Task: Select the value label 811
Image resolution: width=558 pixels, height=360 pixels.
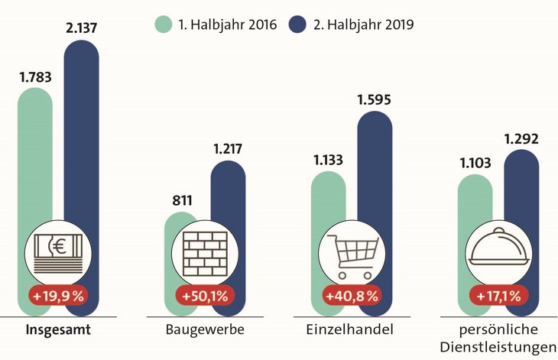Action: (x=181, y=203)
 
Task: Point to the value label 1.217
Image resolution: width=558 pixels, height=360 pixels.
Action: (x=226, y=148)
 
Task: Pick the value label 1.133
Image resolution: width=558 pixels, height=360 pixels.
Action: (x=328, y=161)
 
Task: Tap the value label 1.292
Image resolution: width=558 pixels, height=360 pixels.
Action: (x=522, y=139)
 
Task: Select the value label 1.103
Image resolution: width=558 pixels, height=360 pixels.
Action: (x=475, y=164)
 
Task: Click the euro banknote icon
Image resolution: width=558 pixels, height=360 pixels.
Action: (x=59, y=252)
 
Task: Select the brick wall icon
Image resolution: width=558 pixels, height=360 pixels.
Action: (x=206, y=252)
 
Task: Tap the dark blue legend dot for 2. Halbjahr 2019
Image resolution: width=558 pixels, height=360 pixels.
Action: (x=299, y=24)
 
